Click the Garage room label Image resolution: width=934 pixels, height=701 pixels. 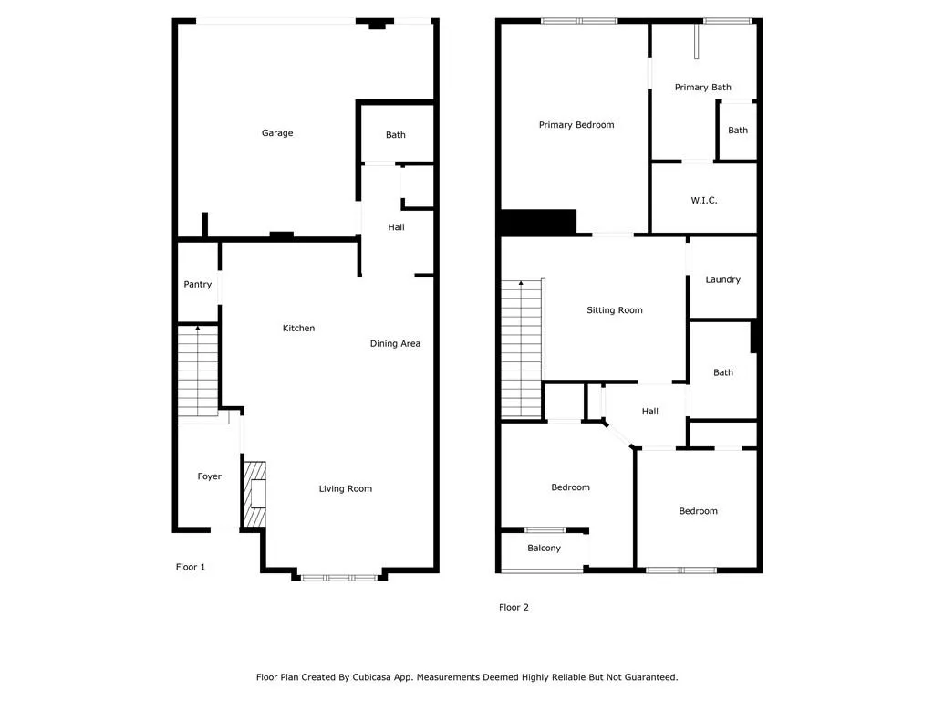pyautogui.click(x=277, y=133)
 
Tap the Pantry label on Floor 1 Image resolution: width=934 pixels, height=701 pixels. pyautogui.click(x=198, y=285)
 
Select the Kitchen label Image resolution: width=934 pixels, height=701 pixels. pyautogui.click(x=298, y=329)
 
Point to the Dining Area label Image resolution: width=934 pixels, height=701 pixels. pyautogui.click(x=395, y=344)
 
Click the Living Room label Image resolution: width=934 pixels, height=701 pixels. pyautogui.click(x=346, y=489)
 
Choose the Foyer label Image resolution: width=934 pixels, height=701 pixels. pyautogui.click(x=210, y=476)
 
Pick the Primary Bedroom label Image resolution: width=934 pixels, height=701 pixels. pyautogui.click(x=576, y=125)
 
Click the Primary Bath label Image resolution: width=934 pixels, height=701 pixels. pyautogui.click(x=703, y=88)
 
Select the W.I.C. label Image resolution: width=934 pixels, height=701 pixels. pyautogui.click(x=704, y=200)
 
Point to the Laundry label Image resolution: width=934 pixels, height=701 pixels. pyautogui.click(x=723, y=280)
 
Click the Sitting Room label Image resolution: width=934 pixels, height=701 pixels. pyautogui.click(x=615, y=310)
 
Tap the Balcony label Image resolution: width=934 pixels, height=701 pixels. pyautogui.click(x=545, y=549)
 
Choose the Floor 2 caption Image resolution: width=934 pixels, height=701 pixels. pyautogui.click(x=514, y=608)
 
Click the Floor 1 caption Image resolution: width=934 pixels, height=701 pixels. pyautogui.click(x=191, y=567)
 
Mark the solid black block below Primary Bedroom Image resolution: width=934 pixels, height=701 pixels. pyautogui.click(x=538, y=222)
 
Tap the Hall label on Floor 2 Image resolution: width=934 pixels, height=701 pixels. pyautogui.click(x=650, y=412)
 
